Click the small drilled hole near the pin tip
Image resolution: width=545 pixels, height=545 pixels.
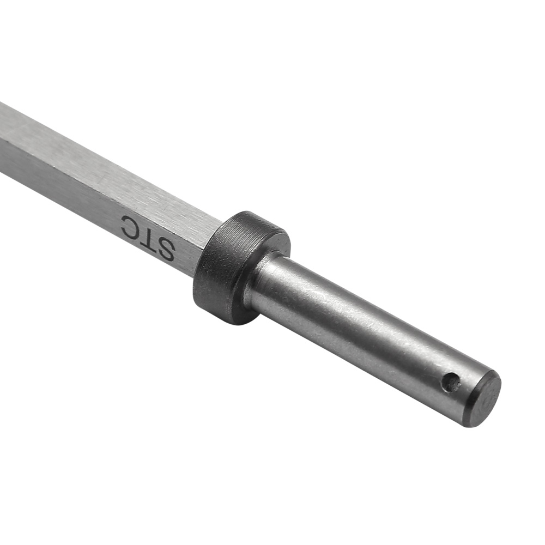[451, 383]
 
